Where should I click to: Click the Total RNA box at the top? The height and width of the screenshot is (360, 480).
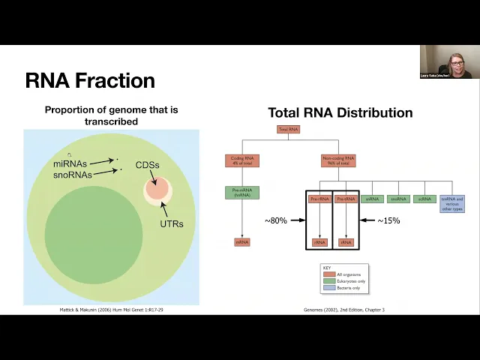(x=289, y=129)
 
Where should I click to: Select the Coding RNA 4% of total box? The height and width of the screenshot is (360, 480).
(x=241, y=160)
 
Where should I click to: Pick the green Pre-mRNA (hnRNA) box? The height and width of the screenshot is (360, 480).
(x=241, y=193)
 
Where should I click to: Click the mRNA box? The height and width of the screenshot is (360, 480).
(x=241, y=242)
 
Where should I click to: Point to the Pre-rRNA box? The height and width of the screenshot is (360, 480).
(x=319, y=199)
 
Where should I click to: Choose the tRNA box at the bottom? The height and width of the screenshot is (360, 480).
(x=346, y=242)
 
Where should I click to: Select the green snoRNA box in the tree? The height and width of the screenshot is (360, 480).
(x=397, y=199)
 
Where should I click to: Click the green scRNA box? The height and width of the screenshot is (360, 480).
(x=424, y=199)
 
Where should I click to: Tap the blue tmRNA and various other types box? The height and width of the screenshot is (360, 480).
(x=452, y=202)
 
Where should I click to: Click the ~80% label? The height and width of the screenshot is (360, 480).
(x=276, y=220)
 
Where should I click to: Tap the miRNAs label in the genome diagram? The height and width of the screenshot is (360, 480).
(x=70, y=163)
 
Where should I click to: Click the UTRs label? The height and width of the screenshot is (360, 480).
(x=171, y=223)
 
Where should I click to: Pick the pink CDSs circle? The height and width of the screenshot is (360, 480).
(x=156, y=188)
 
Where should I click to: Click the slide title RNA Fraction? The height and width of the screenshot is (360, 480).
(x=90, y=81)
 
